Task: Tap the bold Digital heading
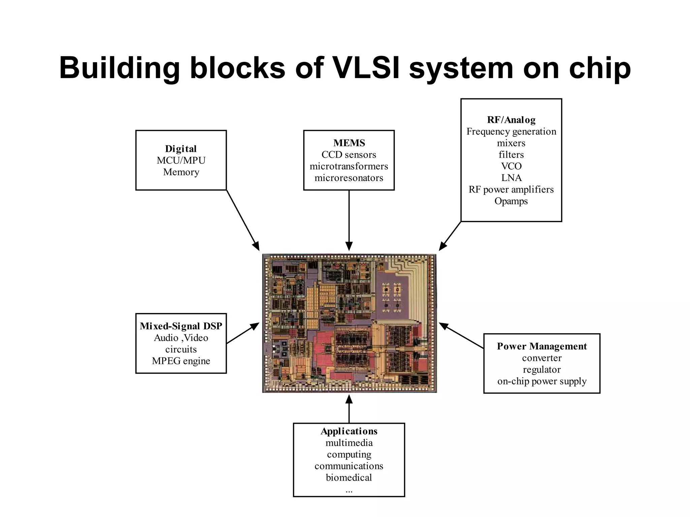181,149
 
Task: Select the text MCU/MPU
181,161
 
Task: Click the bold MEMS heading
349,143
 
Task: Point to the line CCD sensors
349,155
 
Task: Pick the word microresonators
349,178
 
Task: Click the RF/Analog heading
511,120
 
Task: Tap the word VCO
511,166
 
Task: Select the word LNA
511,178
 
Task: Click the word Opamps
511,201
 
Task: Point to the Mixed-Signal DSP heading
181,326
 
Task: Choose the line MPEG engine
181,361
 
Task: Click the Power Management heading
542,346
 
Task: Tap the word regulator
542,370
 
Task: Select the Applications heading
349,431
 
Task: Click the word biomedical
349,478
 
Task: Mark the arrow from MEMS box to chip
349,219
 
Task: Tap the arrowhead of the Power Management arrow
443,325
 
